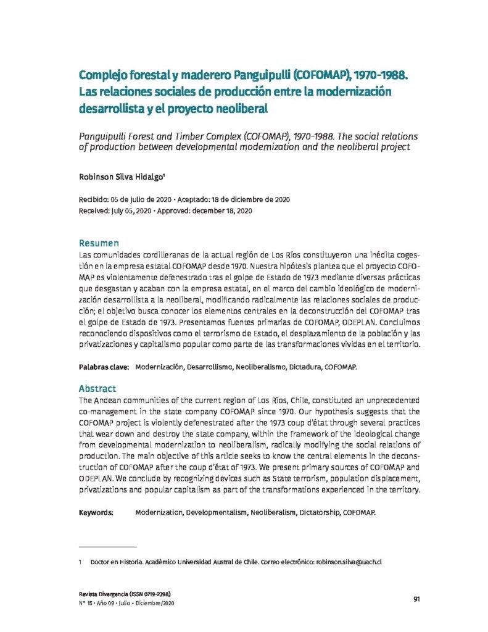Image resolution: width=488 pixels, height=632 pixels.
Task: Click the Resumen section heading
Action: pyautogui.click(x=99, y=243)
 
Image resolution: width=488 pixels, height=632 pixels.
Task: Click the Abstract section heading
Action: pyautogui.click(x=97, y=389)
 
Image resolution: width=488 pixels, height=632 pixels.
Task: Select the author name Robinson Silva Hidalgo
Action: pyautogui.click(x=121, y=176)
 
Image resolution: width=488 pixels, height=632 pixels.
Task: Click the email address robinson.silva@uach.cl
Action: pyautogui.click(x=349, y=562)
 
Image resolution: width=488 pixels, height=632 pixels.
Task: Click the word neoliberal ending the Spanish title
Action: pyautogui.click(x=237, y=108)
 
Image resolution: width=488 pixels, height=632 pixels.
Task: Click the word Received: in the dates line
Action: pyautogui.click(x=94, y=210)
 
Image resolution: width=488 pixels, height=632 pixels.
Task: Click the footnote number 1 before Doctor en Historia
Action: pyautogui.click(x=81, y=562)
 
